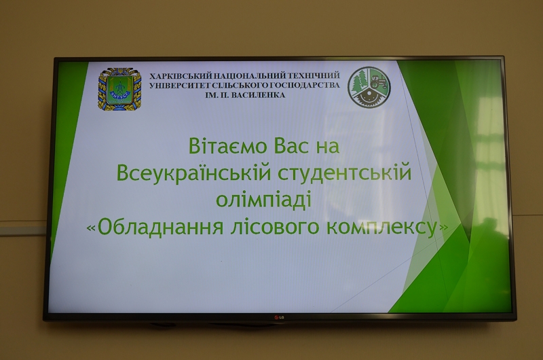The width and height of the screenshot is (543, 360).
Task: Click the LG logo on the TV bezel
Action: [x=279, y=317]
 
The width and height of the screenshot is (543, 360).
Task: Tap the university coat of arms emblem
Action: [x=120, y=89]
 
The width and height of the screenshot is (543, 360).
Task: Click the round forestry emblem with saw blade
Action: [x=369, y=88]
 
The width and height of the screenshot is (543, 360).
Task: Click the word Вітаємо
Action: [x=227, y=145]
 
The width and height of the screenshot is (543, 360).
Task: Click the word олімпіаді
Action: [x=263, y=200]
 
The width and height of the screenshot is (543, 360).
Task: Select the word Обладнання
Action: [x=160, y=228]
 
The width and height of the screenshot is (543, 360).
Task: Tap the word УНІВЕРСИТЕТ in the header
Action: [x=172, y=86]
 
